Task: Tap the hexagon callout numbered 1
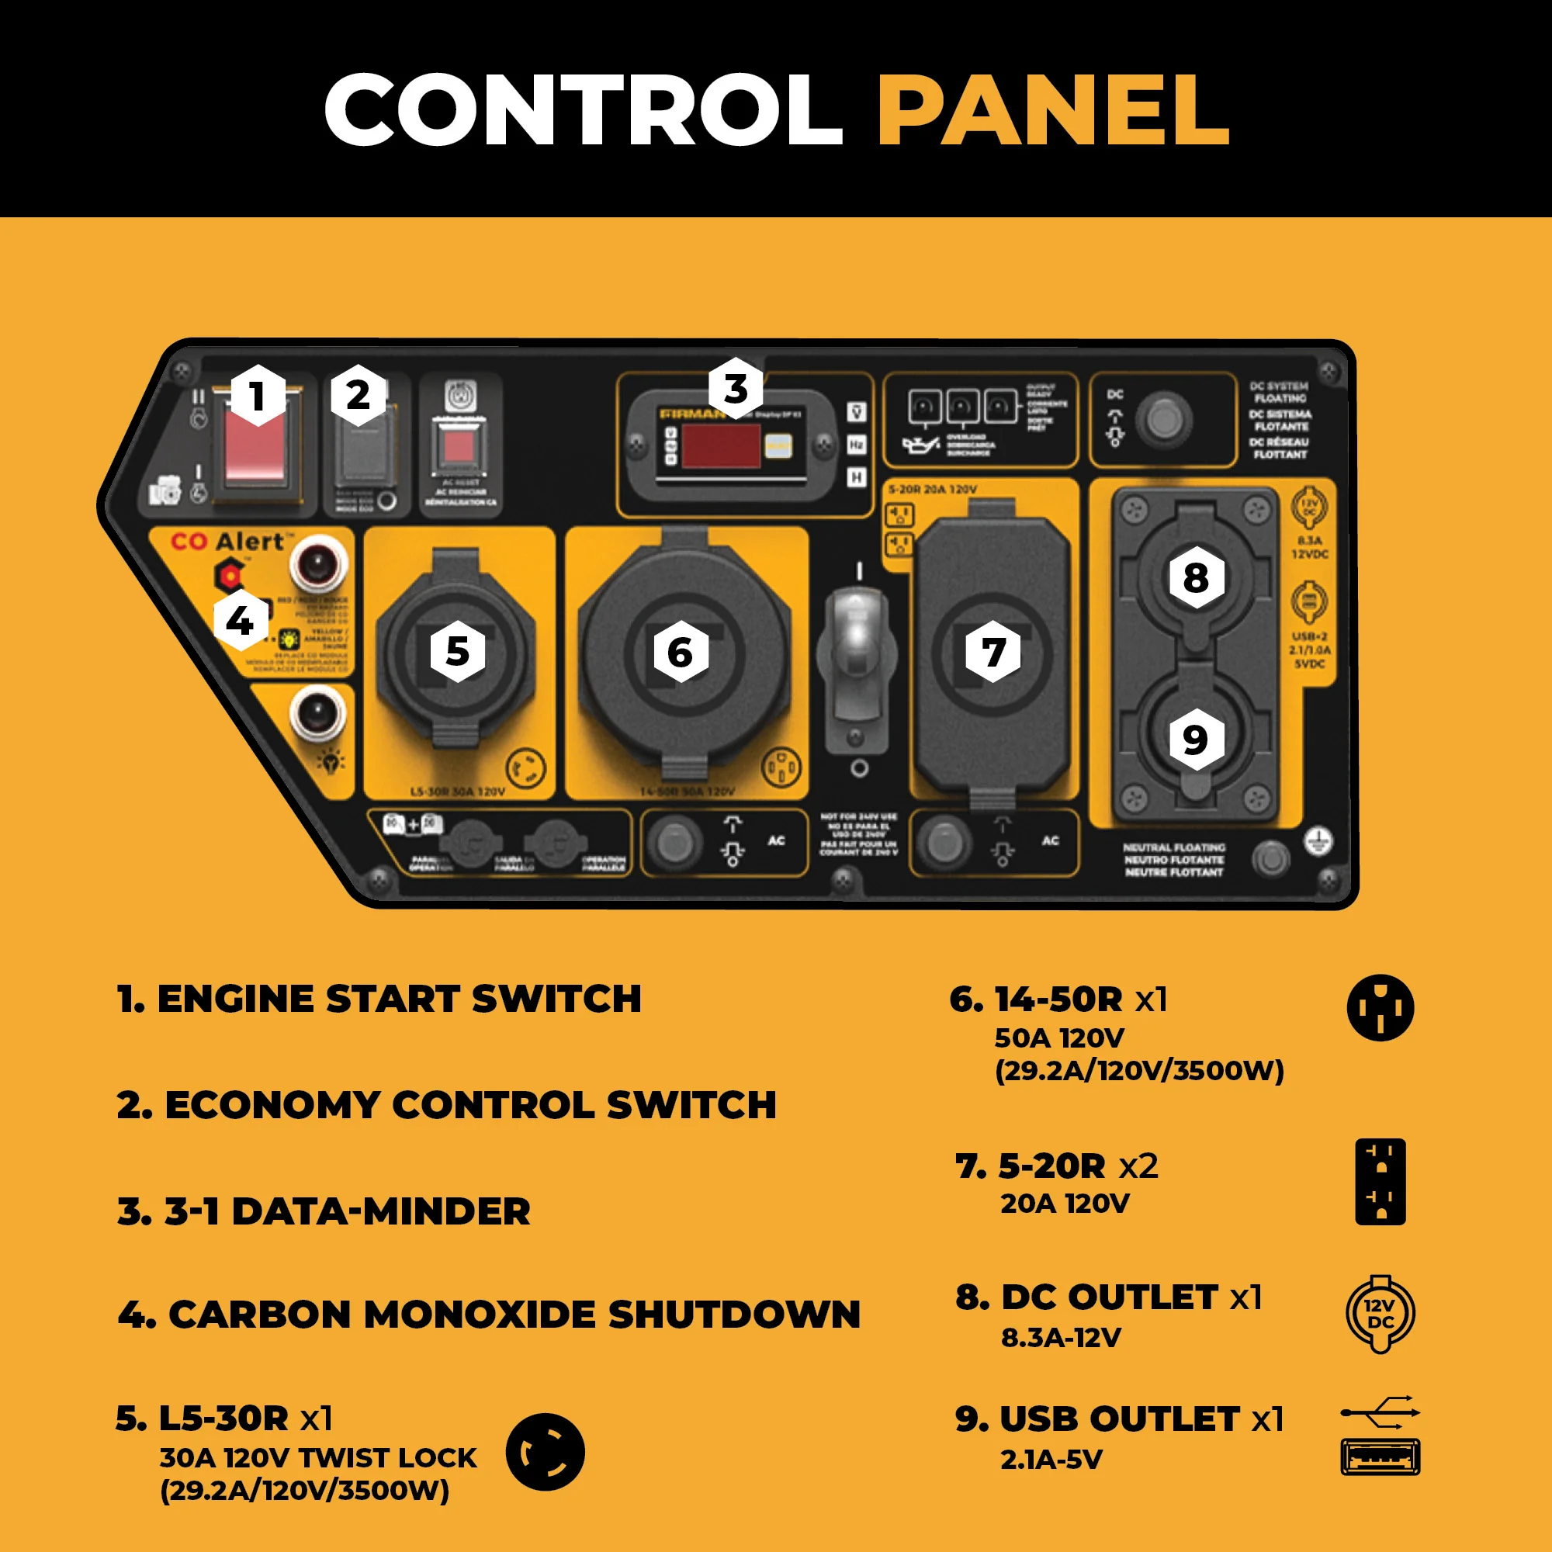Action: [257, 395]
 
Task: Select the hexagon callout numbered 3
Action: [735, 388]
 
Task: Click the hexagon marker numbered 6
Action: [680, 652]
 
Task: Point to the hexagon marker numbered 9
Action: [1195, 739]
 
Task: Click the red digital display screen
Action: [721, 445]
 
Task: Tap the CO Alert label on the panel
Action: [228, 542]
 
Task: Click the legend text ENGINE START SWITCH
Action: [399, 999]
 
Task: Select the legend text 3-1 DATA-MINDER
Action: [347, 1211]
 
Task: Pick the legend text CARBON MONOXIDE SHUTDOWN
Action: [514, 1315]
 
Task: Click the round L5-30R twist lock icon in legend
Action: [545, 1453]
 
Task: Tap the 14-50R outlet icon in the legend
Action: [1380, 1007]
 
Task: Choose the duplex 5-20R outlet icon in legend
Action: [1380, 1181]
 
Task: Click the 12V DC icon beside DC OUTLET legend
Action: [1380, 1315]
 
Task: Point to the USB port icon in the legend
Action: [1380, 1457]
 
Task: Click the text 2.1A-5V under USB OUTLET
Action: [1051, 1460]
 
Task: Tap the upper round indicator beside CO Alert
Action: [318, 563]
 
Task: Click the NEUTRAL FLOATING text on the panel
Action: [1173, 860]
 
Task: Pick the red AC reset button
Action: [459, 446]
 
